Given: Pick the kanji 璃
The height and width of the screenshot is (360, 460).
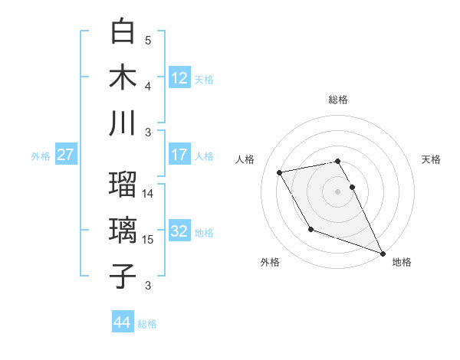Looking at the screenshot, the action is coord(123,231).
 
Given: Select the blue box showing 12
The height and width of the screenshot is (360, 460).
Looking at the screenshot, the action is coord(179,77).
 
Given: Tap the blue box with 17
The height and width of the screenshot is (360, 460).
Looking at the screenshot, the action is coord(179,155).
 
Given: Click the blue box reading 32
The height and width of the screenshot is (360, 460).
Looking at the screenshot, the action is coord(179,231).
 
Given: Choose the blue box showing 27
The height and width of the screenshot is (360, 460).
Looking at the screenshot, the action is coord(65,155).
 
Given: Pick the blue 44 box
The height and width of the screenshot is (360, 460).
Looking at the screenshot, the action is coord(123,322).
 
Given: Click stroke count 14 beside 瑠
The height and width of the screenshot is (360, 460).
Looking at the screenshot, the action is coord(148,194).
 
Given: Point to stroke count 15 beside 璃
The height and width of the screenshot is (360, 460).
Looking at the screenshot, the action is coord(148,240).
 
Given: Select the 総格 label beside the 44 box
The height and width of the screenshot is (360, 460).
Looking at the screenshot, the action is coord(147,324).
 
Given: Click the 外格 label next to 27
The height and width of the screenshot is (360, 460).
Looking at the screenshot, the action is coord(41,156).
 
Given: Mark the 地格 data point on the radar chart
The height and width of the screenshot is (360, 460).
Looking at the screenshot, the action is coord(383,253).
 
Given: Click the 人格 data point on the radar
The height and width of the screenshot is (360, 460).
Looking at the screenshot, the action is coord(281,172).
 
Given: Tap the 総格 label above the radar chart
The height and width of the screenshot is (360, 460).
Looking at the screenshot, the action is coord(338,100).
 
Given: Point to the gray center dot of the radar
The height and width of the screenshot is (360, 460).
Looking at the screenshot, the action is coord(338,191).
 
